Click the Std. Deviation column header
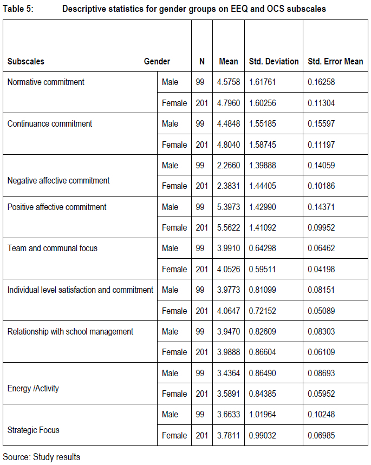point(274,61)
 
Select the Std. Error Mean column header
point(335,61)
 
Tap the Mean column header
point(228,61)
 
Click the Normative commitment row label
point(46,82)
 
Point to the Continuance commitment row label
point(50,123)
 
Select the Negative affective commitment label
point(58,180)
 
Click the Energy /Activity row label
point(33,388)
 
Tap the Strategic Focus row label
point(34,430)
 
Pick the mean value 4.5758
point(228,82)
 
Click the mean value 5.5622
point(228,227)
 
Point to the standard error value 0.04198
point(321,269)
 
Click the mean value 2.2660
point(228,165)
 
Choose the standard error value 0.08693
point(321,373)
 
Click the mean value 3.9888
point(228,352)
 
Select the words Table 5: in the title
point(18,9)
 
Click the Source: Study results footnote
point(42,457)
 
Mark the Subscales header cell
point(26,61)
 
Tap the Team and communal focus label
point(53,248)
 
